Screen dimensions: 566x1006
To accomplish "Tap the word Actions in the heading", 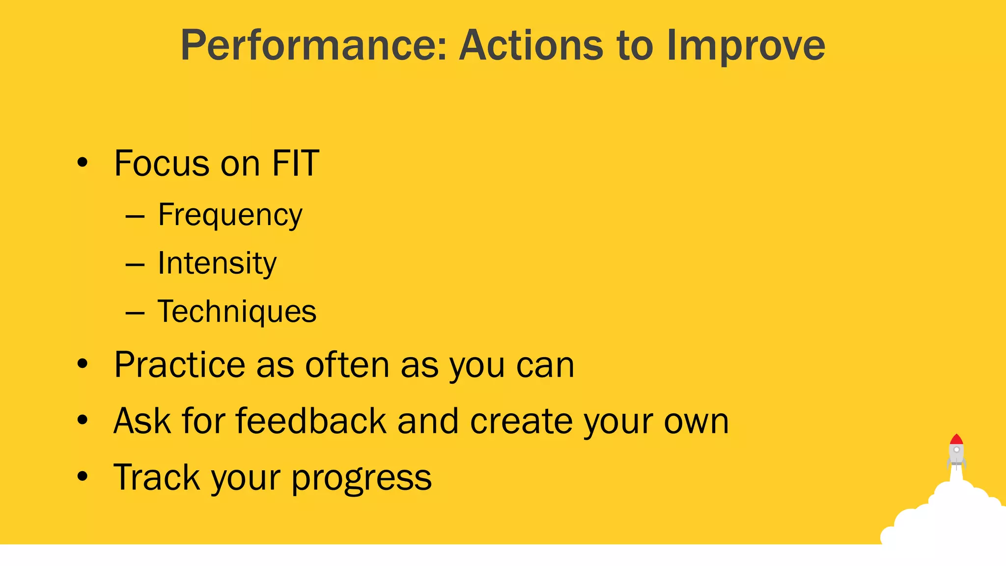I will tap(531, 46).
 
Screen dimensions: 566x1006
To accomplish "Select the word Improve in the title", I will tap(746, 46).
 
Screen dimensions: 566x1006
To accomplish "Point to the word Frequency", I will tap(230, 215).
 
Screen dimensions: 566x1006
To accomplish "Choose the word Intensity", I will tap(217, 263).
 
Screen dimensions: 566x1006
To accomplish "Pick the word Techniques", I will tap(237, 311).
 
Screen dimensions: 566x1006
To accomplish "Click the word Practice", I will tap(180, 365).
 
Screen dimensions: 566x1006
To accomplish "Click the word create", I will tap(521, 421).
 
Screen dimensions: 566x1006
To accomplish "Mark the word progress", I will tap(362, 478).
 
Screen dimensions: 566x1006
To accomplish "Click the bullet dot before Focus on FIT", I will tap(83, 162).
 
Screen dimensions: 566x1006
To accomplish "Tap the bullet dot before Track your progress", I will tap(83, 476).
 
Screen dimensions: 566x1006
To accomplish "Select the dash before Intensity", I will tap(135, 265).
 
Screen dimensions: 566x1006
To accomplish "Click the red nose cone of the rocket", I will tap(956, 439).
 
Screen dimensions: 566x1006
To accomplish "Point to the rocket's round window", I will tap(956, 450).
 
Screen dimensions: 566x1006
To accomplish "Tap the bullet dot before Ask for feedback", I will tap(83, 420).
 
